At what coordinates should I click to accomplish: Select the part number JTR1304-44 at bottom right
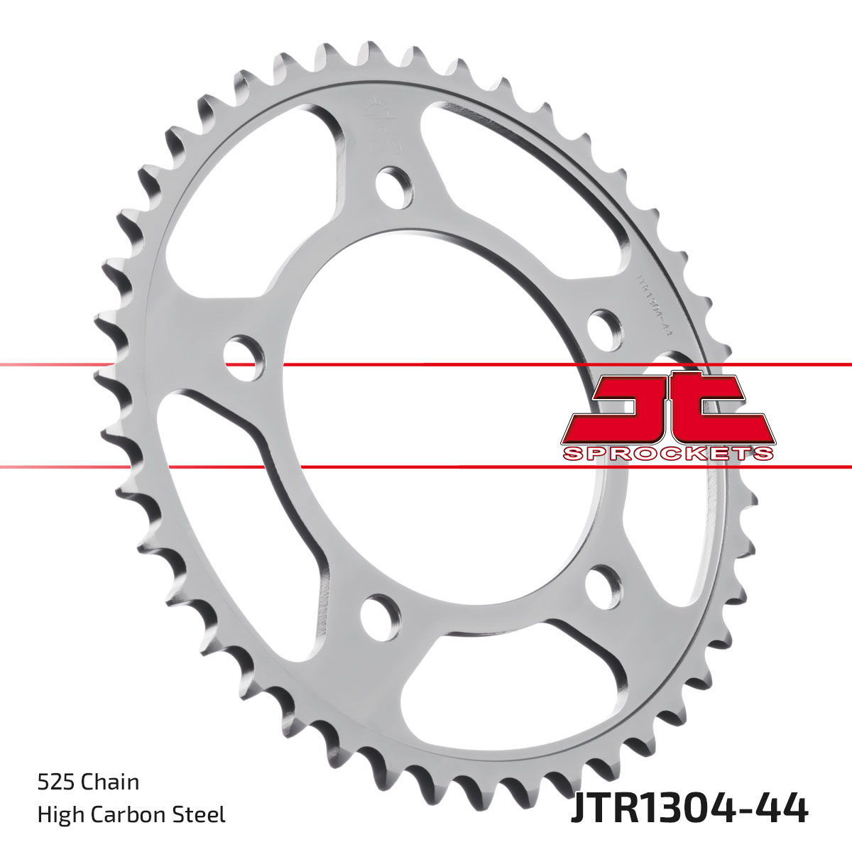click(689, 809)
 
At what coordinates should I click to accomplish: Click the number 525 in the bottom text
click(55, 782)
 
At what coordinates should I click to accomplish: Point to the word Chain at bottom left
click(109, 782)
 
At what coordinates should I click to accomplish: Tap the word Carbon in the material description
click(131, 814)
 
